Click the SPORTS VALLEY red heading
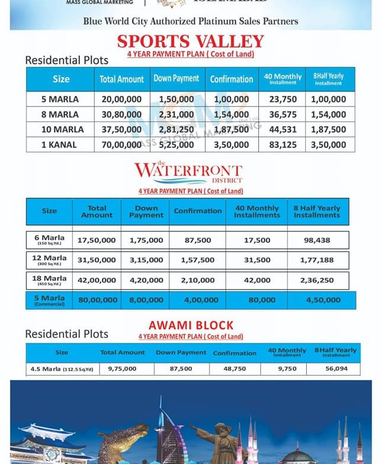click(190, 41)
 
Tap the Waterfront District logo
click(188, 173)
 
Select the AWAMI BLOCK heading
click(191, 325)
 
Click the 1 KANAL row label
click(59, 144)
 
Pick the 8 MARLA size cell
click(59, 114)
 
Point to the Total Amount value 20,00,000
click(121, 99)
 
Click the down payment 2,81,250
click(176, 129)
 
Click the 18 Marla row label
click(50, 280)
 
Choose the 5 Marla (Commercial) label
click(50, 300)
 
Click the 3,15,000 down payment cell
click(146, 260)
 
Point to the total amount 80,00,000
click(98, 300)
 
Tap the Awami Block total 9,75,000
click(122, 368)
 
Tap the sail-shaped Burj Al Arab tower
click(167, 431)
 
